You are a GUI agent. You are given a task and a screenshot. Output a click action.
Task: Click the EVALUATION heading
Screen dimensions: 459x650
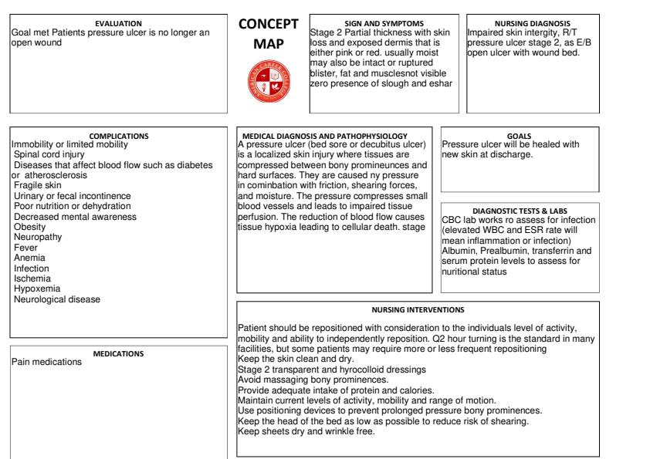tap(118, 24)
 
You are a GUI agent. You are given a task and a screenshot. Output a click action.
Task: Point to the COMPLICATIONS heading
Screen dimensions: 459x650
tap(119, 136)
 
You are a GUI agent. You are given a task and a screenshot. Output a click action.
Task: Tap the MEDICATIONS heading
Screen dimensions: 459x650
tap(119, 353)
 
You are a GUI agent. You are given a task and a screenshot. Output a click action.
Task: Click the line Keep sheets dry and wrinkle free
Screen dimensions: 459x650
tap(306, 430)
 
